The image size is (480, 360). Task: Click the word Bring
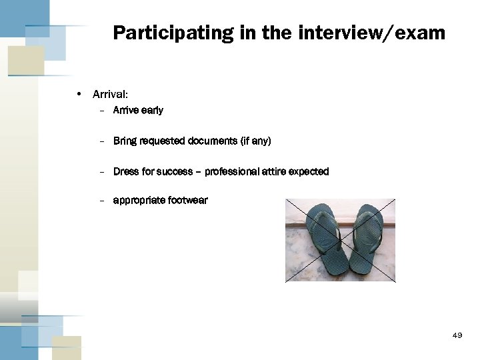(125, 141)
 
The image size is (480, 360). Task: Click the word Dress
(126, 171)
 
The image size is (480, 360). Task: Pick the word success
(175, 171)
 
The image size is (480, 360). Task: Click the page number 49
(457, 335)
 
